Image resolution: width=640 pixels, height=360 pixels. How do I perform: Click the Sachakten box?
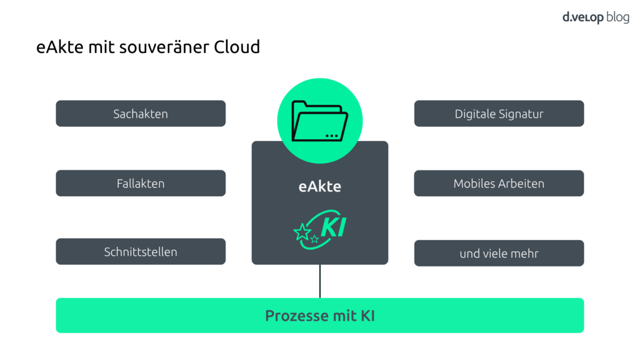point(140,113)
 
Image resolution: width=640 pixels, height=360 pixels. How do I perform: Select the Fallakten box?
point(140,183)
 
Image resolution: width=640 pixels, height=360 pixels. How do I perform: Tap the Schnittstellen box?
point(140,252)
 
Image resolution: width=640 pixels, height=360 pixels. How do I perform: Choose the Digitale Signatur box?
point(498,113)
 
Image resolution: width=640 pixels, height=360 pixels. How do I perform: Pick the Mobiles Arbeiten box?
point(498,183)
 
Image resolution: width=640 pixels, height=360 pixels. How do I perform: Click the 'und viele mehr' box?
point(498,254)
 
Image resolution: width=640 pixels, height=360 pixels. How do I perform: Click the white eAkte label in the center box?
point(319,187)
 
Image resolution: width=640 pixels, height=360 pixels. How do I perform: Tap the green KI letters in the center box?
point(333,227)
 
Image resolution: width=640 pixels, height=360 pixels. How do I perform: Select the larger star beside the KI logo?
point(302,233)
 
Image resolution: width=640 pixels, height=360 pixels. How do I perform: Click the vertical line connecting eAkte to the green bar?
point(320,281)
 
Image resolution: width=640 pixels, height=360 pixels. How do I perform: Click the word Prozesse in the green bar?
point(297,316)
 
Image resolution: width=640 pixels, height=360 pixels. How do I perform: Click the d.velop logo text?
point(583,17)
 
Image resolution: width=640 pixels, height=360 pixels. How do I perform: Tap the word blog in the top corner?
point(617,17)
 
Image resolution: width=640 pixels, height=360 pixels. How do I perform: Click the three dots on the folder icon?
point(332,135)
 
